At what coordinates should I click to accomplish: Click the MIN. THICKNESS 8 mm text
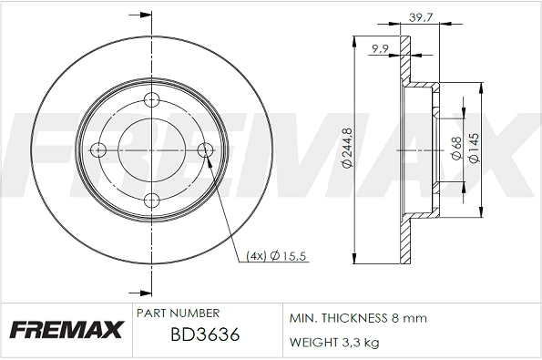pos(358,319)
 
